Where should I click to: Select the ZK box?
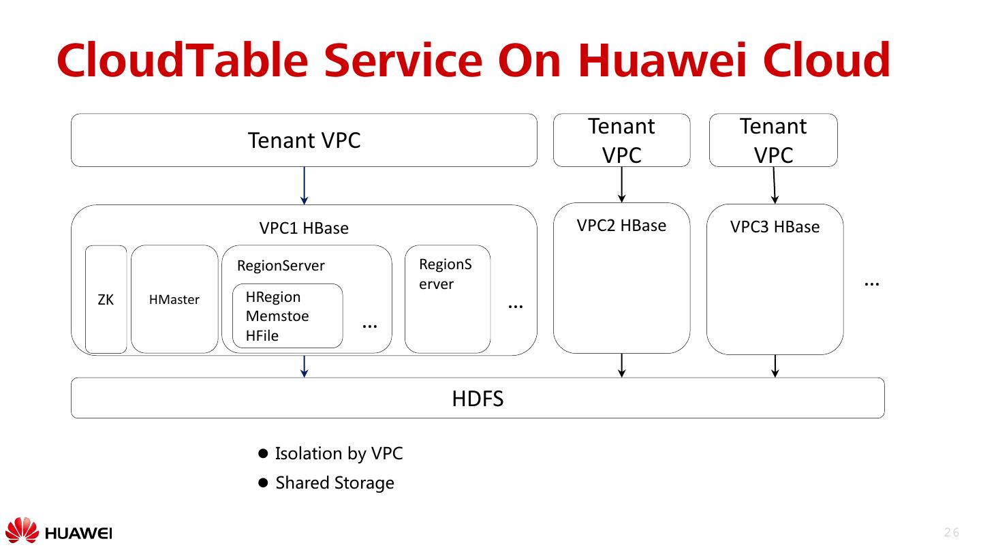coord(106,300)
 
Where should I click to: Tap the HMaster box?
coord(174,300)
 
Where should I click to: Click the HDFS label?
coord(478,398)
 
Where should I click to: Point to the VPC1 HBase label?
coord(304,228)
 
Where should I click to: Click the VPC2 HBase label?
coord(621,226)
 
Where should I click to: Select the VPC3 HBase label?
coord(775,227)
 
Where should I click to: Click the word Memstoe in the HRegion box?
coord(277,316)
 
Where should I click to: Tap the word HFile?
coord(262,335)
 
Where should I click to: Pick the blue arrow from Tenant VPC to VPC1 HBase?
coord(304,185)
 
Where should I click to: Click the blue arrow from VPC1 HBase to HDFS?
coord(305,366)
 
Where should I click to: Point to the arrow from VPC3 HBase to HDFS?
coord(775,365)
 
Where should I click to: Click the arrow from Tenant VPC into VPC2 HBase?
coord(621,184)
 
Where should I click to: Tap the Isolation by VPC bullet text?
coord(339,453)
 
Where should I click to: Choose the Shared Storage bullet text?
coord(334,483)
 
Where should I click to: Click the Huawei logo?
coord(58,532)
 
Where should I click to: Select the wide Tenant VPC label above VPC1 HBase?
coord(304,140)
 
